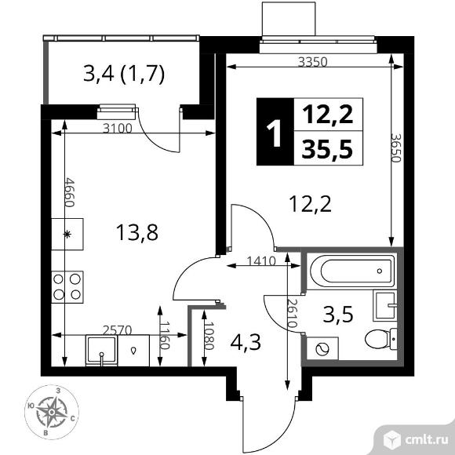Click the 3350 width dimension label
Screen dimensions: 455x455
tap(313, 62)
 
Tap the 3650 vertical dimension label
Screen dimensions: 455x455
tap(396, 147)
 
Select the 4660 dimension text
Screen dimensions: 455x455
tap(70, 192)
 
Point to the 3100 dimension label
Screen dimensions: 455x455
tap(118, 128)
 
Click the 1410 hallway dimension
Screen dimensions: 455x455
tap(261, 261)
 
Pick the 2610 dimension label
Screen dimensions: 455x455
tap(291, 313)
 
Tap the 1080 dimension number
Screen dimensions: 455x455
tap(209, 336)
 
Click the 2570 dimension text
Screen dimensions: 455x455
tap(118, 330)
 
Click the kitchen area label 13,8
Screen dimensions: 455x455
tap(137, 233)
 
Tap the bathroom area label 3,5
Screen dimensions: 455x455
tap(338, 315)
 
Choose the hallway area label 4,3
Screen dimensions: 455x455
tap(246, 342)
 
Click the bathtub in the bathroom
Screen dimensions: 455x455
tap(351, 271)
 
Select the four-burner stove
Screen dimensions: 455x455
tap(67, 287)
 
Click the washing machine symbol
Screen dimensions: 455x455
tap(322, 348)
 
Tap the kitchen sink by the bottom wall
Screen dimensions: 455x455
tap(101, 350)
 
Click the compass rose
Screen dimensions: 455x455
tap(51, 412)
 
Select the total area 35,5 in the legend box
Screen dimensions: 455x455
tap(327, 149)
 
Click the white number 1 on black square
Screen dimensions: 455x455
tap(275, 132)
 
